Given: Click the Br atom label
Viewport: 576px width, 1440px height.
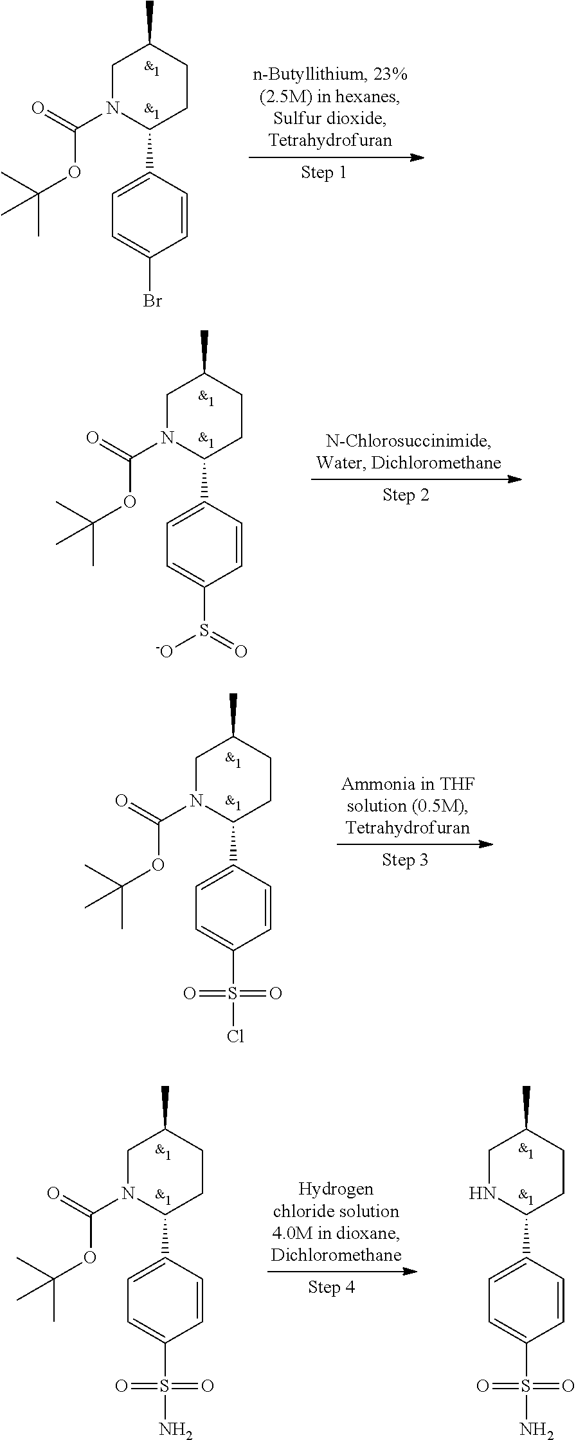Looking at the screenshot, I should coord(152,301).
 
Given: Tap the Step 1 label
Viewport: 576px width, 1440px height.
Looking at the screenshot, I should coord(323,173).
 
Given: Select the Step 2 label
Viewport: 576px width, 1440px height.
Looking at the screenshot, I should coord(406,495).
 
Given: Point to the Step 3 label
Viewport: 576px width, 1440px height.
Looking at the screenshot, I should coord(405,860).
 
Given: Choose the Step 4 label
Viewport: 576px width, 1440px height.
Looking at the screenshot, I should coord(331,1287).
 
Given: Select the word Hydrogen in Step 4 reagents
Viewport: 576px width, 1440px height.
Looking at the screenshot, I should coord(336,1189).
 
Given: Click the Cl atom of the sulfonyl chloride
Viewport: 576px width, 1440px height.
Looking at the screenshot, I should coord(235,1036).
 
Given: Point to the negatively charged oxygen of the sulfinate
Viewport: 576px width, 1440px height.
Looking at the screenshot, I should coord(166,652).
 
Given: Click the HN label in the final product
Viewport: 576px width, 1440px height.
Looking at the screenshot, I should coord(483,1194).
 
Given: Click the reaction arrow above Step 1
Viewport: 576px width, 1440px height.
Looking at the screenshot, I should coord(336,157).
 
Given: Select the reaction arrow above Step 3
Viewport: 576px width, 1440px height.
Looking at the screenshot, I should coord(415,844).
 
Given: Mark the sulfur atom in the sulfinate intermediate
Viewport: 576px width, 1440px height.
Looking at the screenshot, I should coord(204,632).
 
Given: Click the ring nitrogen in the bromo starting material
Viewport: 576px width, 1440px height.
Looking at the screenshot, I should coord(113,108).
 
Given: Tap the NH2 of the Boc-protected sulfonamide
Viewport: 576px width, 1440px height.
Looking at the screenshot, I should coord(175,1430).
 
